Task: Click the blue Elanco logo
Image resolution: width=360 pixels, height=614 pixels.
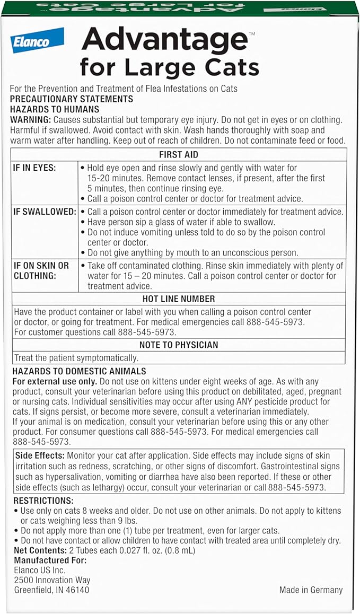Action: [37, 40]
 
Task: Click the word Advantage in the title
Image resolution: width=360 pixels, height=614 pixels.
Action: [164, 41]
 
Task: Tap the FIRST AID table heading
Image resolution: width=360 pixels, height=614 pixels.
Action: [179, 155]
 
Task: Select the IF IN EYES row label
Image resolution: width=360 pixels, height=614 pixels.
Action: [34, 168]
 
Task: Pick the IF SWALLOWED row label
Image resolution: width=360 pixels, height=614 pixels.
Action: [45, 212]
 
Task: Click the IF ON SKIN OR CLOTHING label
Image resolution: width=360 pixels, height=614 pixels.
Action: [41, 270]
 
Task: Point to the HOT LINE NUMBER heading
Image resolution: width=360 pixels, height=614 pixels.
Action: [179, 299]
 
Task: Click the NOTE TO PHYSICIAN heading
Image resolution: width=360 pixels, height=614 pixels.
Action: [179, 345]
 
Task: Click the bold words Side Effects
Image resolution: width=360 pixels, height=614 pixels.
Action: [40, 456]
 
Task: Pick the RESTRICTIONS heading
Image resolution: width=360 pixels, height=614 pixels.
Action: [43, 501]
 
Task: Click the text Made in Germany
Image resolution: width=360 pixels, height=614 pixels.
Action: [311, 590]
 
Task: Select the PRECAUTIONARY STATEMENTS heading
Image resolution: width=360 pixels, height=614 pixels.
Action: [72, 99]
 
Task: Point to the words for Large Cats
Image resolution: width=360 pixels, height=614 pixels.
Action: [170, 67]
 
